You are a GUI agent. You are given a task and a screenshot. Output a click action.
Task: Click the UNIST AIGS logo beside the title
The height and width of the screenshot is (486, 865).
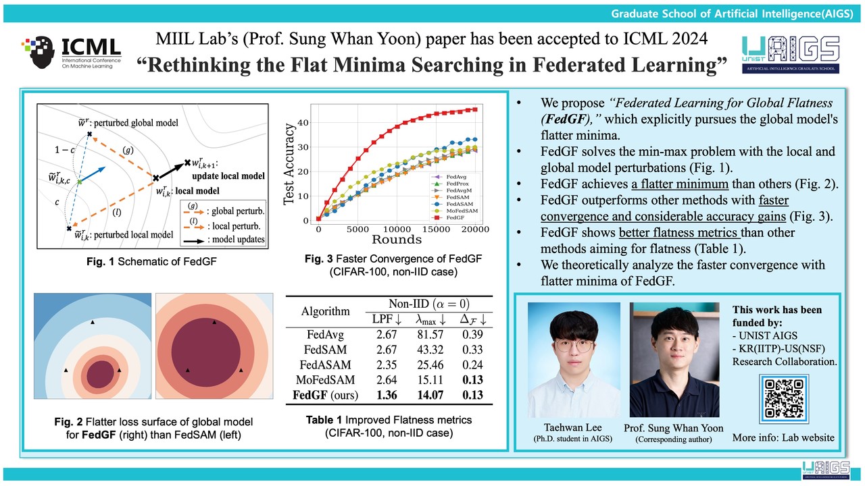click(x=791, y=57)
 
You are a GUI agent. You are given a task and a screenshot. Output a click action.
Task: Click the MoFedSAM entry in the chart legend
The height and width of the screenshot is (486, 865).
click(x=460, y=212)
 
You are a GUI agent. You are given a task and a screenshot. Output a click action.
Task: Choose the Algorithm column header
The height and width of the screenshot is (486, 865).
click(x=326, y=311)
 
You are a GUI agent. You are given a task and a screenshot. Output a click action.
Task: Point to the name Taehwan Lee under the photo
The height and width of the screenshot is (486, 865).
click(x=573, y=428)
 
